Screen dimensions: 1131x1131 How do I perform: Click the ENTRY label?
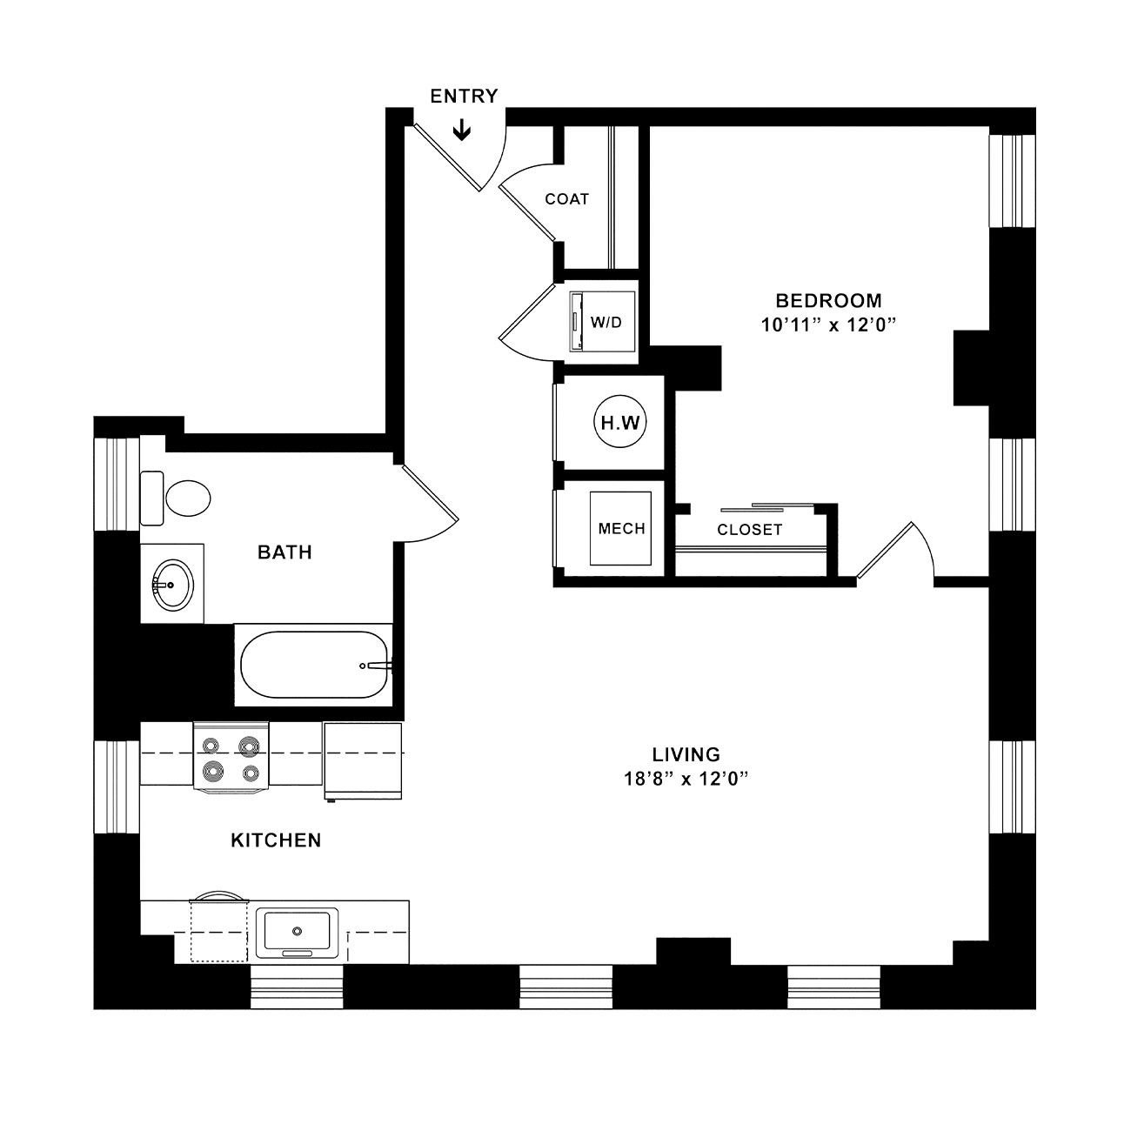tap(464, 96)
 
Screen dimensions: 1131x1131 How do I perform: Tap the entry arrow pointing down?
tap(463, 130)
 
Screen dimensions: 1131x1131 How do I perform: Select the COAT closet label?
tap(566, 199)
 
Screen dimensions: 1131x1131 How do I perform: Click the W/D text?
tap(606, 322)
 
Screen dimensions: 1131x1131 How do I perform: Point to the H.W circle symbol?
tap(620, 422)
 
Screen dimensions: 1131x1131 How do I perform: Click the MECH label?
tap(621, 529)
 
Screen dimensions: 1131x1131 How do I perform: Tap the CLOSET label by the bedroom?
tap(749, 530)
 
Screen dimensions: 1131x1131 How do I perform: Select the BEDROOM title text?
tap(829, 300)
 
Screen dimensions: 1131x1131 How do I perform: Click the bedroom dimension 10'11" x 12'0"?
tap(829, 325)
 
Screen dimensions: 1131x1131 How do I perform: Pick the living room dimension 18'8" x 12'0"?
tap(686, 779)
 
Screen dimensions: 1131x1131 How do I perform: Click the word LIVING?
tap(686, 754)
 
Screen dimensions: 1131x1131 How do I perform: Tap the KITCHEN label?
tap(276, 840)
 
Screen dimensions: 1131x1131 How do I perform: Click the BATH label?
tap(284, 552)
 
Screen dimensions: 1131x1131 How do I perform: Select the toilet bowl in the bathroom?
tap(188, 499)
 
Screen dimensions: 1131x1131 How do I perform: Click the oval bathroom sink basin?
tap(172, 586)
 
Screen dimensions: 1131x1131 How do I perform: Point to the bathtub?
tap(314, 665)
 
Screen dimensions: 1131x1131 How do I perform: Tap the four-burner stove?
tap(231, 757)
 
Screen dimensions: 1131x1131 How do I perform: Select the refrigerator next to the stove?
tap(363, 760)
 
